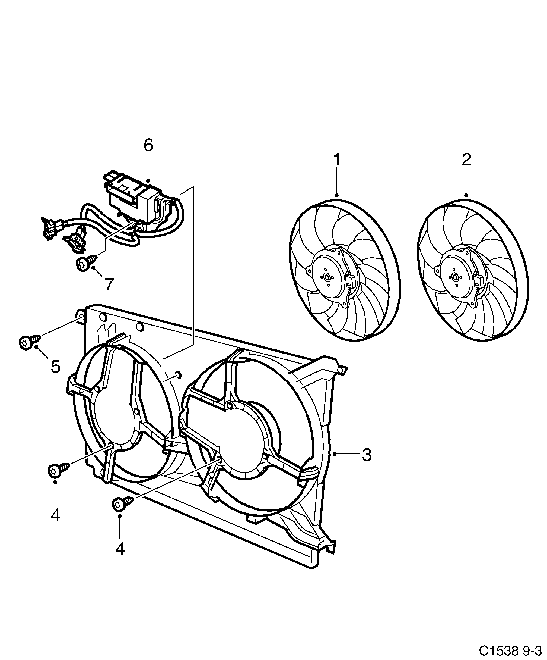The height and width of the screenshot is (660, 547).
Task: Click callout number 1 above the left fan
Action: (x=336, y=160)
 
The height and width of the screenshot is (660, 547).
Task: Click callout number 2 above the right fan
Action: (x=466, y=160)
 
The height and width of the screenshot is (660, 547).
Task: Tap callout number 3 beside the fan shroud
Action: (x=366, y=455)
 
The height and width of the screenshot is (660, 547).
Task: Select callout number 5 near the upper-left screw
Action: (x=56, y=367)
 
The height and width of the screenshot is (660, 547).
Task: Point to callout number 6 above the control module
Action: (x=148, y=146)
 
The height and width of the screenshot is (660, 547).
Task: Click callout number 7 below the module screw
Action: (x=109, y=284)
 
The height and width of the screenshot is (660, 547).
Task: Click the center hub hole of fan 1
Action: (x=327, y=277)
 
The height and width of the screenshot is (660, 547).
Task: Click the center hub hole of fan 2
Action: (x=455, y=277)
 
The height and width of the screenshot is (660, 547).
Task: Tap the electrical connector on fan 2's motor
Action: (x=479, y=280)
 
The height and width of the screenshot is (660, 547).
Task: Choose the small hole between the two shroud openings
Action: (x=178, y=374)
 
